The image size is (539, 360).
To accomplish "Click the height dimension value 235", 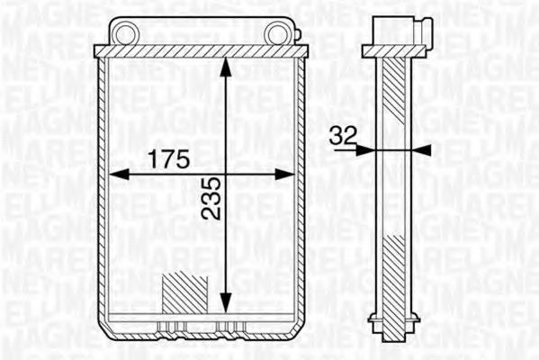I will pyautogui.click(x=209, y=196).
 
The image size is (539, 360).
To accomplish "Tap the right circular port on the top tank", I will pyautogui.click(x=275, y=35).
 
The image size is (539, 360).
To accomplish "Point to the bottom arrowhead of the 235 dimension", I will pyautogui.click(x=226, y=302).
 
